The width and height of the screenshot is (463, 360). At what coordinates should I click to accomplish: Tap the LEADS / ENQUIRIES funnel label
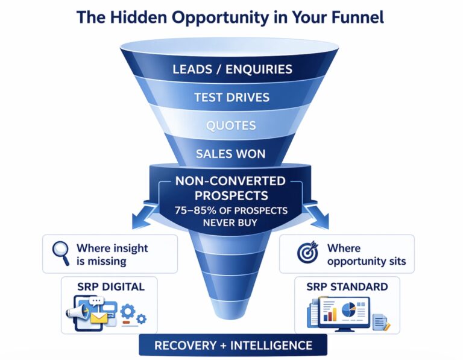tap(231, 69)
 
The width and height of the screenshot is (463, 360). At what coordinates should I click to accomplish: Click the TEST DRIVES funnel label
tap(231, 97)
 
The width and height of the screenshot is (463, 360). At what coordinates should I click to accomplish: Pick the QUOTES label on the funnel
tap(231, 125)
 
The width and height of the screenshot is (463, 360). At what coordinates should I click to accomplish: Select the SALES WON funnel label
tap(231, 154)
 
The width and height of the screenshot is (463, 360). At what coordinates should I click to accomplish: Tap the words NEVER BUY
tap(231, 223)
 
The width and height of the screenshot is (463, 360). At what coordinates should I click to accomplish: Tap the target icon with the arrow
tap(308, 254)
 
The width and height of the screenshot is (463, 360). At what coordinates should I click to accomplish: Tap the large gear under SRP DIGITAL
tap(128, 312)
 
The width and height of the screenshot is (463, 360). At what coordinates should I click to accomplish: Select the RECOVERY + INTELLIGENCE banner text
tap(233, 346)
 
